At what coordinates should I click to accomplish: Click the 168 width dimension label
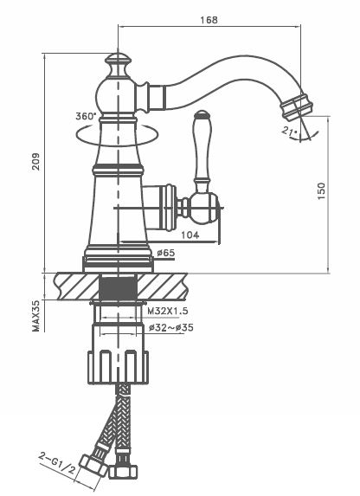tap(209, 20)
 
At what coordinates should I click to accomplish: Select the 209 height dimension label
tap(35, 162)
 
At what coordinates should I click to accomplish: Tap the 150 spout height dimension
tap(321, 190)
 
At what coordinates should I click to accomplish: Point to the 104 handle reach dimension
tap(190, 235)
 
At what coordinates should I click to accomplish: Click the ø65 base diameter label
tap(166, 253)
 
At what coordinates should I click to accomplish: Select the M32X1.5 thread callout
tap(168, 311)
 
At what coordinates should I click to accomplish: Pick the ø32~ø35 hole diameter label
tap(171, 327)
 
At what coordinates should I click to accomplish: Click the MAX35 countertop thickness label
tap(36, 316)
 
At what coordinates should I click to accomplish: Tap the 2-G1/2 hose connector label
tap(57, 463)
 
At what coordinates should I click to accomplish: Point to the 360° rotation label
tap(86, 116)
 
